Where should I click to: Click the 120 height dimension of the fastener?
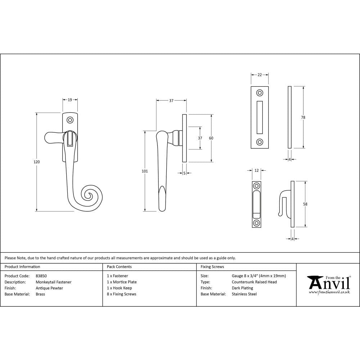pyautogui.click(x=36, y=162)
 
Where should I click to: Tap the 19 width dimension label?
pyautogui.click(x=70, y=100)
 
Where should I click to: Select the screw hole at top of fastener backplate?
pyautogui.click(x=70, y=120)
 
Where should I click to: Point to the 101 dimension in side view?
pyautogui.click(x=145, y=171)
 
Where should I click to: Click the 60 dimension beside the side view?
pyautogui.click(x=211, y=138)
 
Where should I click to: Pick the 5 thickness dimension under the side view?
pyautogui.click(x=184, y=173)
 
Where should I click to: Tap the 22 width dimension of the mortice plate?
pyautogui.click(x=260, y=75)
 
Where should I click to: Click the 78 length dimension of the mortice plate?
pyautogui.click(x=303, y=117)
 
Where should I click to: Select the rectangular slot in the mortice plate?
pyautogui.click(x=260, y=117)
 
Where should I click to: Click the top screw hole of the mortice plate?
pyautogui.click(x=260, y=93)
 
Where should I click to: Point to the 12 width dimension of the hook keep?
pyautogui.click(x=256, y=170)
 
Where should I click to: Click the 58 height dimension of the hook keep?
pyautogui.click(x=305, y=204)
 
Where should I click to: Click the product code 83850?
pyautogui.click(x=41, y=276)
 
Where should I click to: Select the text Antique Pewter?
pyautogui.click(x=49, y=288)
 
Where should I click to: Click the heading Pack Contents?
pyautogui.click(x=119, y=267)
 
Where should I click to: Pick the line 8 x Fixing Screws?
pyautogui.click(x=122, y=294)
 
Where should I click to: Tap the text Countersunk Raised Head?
pyautogui.click(x=254, y=282)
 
